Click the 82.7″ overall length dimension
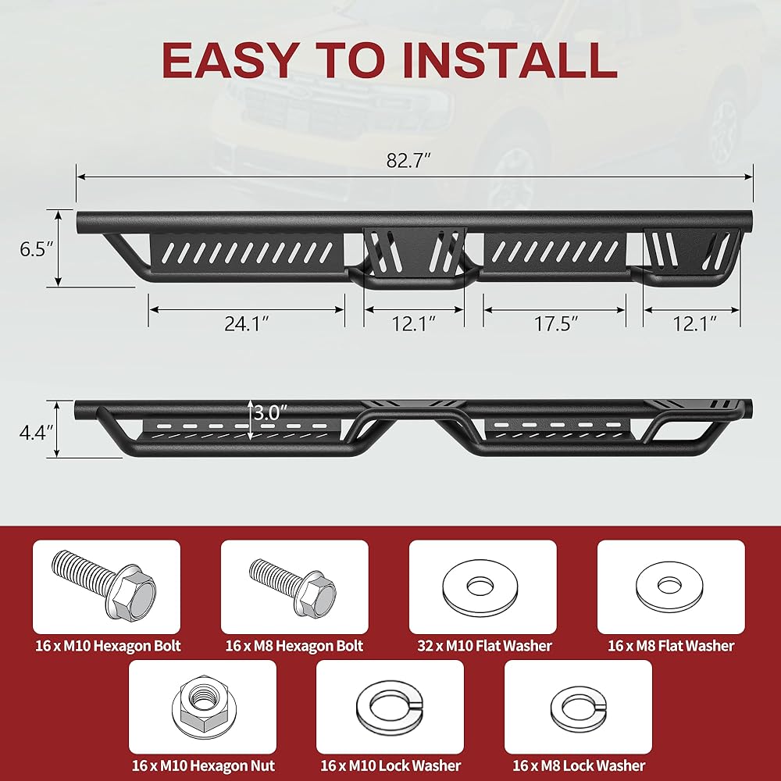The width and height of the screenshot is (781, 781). tap(408, 160)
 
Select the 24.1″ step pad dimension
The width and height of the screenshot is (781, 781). tap(247, 324)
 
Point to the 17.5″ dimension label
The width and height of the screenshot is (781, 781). tap(556, 324)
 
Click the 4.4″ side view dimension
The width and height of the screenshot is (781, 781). tap(36, 433)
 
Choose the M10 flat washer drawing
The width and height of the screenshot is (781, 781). tap(480, 587)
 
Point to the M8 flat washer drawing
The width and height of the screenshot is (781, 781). tap(669, 587)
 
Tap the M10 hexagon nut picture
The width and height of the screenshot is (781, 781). tap(204, 706)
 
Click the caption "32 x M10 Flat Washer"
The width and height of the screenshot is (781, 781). tap(485, 646)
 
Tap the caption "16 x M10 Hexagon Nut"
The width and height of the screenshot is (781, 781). tap(203, 765)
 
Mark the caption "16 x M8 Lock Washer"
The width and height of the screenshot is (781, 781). tap(579, 765)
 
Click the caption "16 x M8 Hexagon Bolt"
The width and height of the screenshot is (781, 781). tap(294, 646)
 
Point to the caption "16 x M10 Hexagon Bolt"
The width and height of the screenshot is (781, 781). tap(108, 646)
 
